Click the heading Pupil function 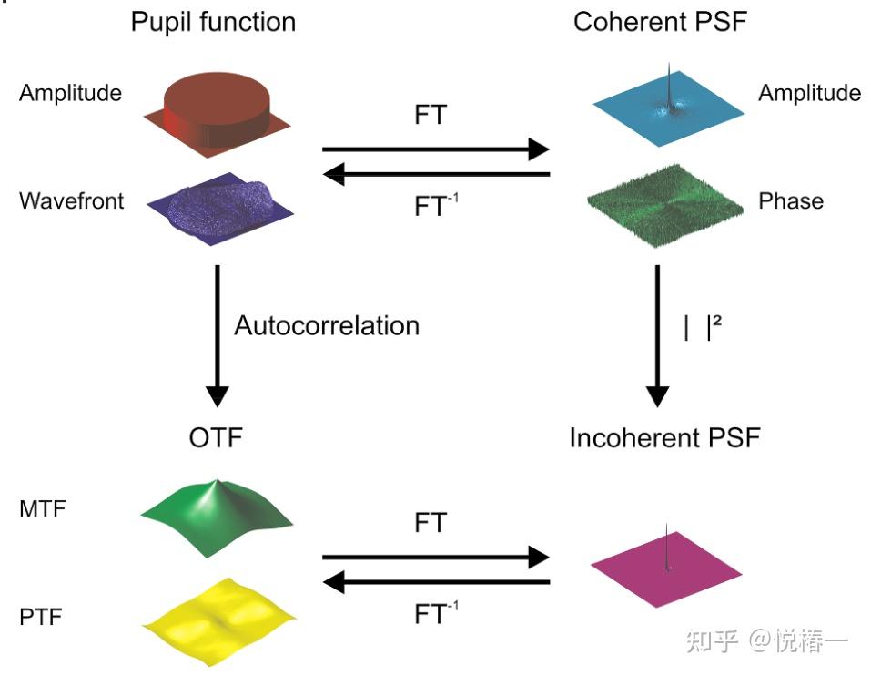[213, 21]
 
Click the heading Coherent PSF [660, 21]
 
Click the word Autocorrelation [327, 325]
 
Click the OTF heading [216, 438]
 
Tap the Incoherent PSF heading [664, 438]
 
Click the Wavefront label [71, 200]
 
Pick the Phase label [790, 200]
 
